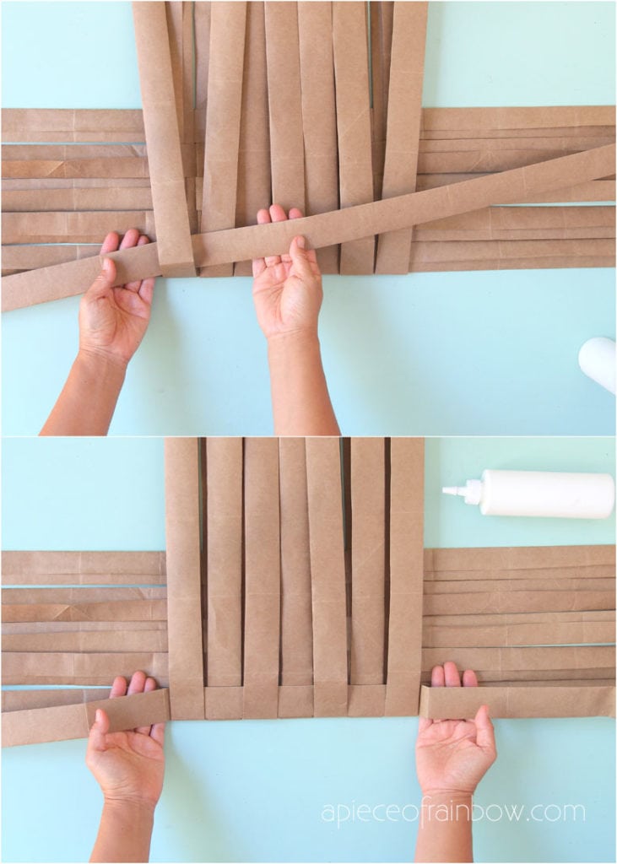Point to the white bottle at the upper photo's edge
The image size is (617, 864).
pyautogui.click(x=598, y=363)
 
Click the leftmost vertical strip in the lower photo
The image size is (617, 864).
pyautogui.click(x=183, y=574)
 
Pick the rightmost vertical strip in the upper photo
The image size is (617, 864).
pyautogui.click(x=402, y=127)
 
